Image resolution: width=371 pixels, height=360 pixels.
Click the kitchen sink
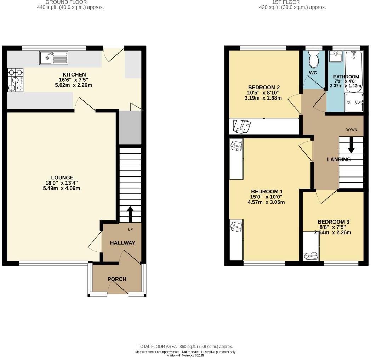pos(53,58)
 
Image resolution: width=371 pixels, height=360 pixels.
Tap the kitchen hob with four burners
pos(16,80)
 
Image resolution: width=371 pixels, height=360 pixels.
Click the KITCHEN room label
pos(74,74)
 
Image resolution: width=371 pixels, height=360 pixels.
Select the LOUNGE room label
pos(62,178)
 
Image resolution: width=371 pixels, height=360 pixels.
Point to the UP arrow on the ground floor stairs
pos(130,214)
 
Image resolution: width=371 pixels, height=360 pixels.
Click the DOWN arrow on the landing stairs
pos(351,145)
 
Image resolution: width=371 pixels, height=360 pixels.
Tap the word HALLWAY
pos(122,243)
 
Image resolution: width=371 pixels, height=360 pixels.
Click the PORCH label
pos(117,279)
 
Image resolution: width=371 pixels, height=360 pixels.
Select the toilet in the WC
pos(314,59)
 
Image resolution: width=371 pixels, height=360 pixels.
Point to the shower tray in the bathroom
pos(354,102)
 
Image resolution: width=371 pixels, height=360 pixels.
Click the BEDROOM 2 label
pos(264,87)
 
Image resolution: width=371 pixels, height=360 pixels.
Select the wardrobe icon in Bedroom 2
pos(242,126)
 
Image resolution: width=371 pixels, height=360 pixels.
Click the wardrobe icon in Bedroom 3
pos(312,255)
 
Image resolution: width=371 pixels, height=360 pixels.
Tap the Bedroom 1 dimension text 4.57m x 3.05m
pos(266,202)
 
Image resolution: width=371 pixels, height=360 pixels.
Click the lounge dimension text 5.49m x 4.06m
pos(62,188)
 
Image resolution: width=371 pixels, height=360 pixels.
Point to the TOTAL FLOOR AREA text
pos(185,346)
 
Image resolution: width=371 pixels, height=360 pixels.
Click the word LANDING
pos(339,159)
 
